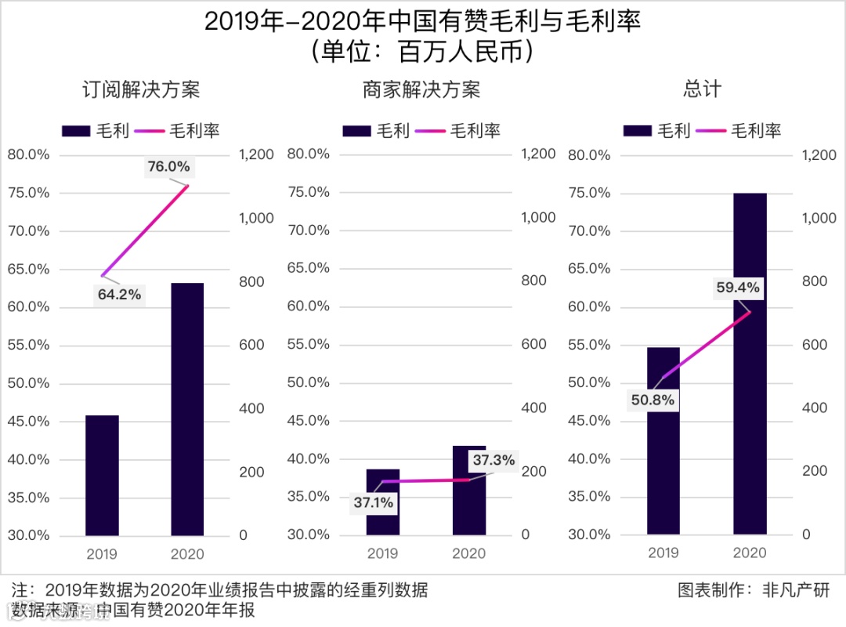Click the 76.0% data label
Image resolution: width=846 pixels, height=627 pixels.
point(168,166)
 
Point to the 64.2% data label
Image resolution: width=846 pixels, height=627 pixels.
point(119,295)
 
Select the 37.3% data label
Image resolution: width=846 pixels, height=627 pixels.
point(493,460)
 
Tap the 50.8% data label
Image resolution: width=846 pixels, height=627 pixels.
point(653,400)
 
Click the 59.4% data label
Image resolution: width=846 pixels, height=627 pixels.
point(738,288)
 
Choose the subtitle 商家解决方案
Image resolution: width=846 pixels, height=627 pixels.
point(421,90)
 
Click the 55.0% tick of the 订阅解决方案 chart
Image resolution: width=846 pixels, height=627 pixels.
point(28,346)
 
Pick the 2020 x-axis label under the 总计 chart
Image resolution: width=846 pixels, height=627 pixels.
point(750,553)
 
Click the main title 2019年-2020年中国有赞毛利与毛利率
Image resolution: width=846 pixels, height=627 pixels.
point(423,22)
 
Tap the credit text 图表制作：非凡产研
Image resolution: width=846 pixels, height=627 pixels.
point(753,590)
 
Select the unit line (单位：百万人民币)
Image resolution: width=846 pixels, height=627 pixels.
point(423,53)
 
